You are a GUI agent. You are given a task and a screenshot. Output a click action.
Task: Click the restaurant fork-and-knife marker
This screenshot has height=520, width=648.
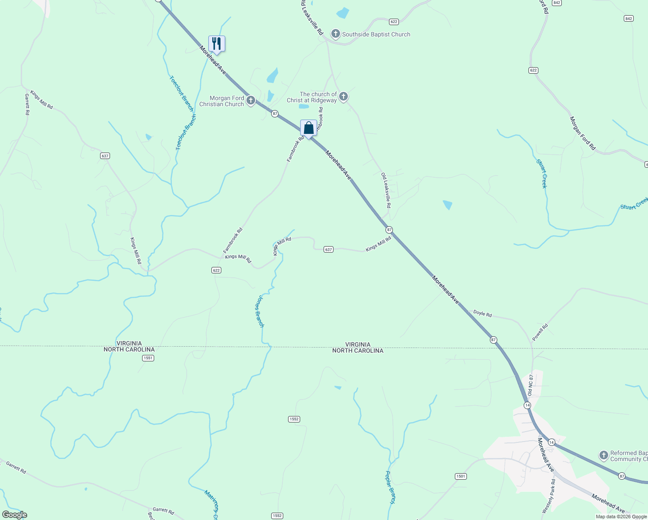click(x=217, y=44)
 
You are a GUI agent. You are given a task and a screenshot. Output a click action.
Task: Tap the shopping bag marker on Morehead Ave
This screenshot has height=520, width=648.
click(x=308, y=128)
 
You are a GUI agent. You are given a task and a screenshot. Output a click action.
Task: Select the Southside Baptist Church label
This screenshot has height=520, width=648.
click(x=376, y=34)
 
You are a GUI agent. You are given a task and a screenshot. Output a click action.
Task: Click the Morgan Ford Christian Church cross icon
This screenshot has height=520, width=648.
click(x=250, y=101)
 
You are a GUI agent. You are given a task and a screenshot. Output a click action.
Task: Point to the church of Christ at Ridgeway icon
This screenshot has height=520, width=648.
click(x=343, y=97)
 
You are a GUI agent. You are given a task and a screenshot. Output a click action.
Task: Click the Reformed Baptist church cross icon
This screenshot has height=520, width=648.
click(x=603, y=455)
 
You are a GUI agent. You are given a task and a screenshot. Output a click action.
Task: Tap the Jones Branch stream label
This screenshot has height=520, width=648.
click(x=259, y=311)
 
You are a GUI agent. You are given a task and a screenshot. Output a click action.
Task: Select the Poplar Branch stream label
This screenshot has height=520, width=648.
click(x=390, y=487)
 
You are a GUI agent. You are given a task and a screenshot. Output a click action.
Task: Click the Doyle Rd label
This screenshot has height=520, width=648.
click(x=482, y=313)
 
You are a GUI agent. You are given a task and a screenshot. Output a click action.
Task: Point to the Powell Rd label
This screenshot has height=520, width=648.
click(x=540, y=332)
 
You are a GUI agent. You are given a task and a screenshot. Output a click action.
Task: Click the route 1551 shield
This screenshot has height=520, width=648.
click(x=148, y=358)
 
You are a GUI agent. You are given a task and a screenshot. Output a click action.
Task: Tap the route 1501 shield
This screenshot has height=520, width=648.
click(x=461, y=476)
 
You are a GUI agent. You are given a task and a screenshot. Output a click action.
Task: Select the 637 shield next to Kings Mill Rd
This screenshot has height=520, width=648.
click(x=328, y=249)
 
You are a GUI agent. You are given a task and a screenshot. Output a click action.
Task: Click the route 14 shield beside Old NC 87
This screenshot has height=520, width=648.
click(x=527, y=405)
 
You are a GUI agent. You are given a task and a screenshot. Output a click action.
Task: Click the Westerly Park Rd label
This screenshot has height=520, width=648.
click(x=548, y=497)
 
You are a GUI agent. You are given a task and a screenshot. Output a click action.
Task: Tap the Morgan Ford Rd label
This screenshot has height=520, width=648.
click(x=582, y=133)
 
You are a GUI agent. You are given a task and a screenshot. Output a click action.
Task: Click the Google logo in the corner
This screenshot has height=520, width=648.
click(x=14, y=515)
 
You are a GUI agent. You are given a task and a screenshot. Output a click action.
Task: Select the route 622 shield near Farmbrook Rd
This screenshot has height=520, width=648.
click(x=217, y=270)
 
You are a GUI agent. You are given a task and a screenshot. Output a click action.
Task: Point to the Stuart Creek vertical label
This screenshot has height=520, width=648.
click(x=542, y=174)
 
